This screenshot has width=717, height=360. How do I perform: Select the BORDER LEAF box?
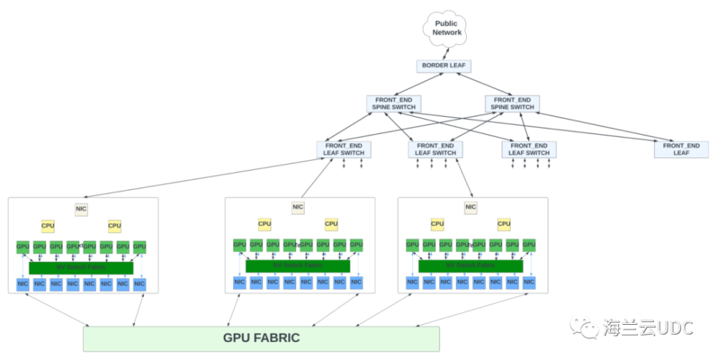point(444,66)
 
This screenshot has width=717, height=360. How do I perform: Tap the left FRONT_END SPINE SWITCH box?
point(394,103)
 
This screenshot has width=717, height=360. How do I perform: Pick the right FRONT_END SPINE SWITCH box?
point(512,103)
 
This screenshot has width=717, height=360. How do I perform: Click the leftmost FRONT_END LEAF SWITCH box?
point(343,149)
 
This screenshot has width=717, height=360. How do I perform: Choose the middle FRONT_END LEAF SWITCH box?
point(435,149)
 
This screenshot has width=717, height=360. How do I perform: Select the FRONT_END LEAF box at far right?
point(680,149)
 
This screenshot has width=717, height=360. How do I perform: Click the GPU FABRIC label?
point(261,338)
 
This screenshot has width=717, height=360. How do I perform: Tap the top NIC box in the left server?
point(82,209)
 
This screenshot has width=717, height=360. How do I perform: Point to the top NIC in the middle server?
point(298,208)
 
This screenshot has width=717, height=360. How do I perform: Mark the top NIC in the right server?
point(470,208)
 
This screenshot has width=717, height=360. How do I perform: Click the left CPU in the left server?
point(48,226)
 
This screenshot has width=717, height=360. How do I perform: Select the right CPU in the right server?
point(504,224)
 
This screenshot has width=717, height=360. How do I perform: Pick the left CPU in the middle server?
point(265,224)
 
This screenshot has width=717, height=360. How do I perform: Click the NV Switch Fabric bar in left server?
point(81,267)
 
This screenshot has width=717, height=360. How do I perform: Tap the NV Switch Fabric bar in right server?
point(470,266)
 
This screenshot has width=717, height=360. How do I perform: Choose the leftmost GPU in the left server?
point(23,247)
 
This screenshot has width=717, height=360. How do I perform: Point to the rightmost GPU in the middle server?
point(356,245)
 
